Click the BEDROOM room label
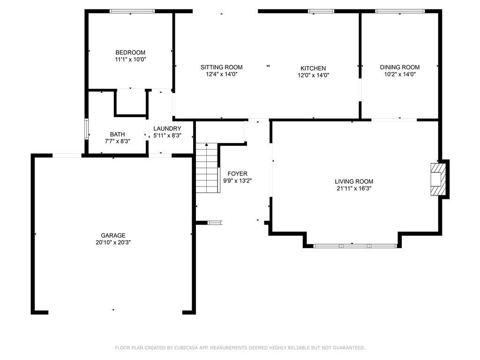click(x=130, y=52)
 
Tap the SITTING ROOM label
click(x=221, y=67)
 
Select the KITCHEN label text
click(x=313, y=68)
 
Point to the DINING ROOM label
click(x=400, y=67)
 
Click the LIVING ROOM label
click(x=354, y=181)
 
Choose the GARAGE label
click(x=113, y=235)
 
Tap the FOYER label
click(x=238, y=173)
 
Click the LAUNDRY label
click(x=167, y=128)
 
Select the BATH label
click(x=118, y=134)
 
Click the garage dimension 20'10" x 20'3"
click(x=113, y=242)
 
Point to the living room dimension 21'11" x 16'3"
click(x=354, y=188)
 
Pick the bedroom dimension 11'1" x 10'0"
click(x=130, y=60)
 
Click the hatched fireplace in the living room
click(x=438, y=180)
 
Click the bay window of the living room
click(x=355, y=246)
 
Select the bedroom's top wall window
click(x=132, y=11)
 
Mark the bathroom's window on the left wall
click(x=87, y=129)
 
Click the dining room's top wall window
click(x=400, y=11)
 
